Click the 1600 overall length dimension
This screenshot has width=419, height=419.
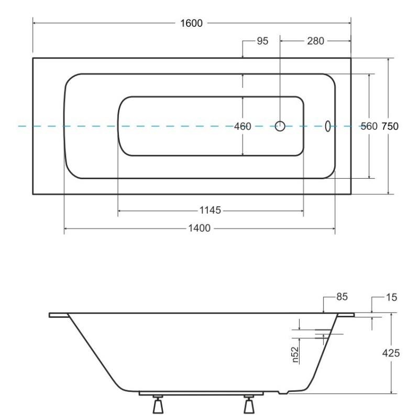pyautogui.click(x=191, y=23)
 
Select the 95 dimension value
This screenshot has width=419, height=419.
pyautogui.click(x=262, y=41)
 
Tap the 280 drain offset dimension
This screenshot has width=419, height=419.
pyautogui.click(x=315, y=41)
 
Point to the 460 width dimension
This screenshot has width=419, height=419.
pyautogui.click(x=242, y=126)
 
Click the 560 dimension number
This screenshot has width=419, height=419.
pyautogui.click(x=369, y=126)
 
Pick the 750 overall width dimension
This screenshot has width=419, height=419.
pyautogui.click(x=390, y=126)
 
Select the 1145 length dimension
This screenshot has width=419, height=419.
pyautogui.click(x=211, y=211)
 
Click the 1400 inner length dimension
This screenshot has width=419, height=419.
pyautogui.click(x=200, y=228)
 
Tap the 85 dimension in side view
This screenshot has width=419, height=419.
pyautogui.click(x=342, y=297)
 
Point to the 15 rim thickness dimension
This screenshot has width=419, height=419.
pyautogui.click(x=391, y=297)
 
